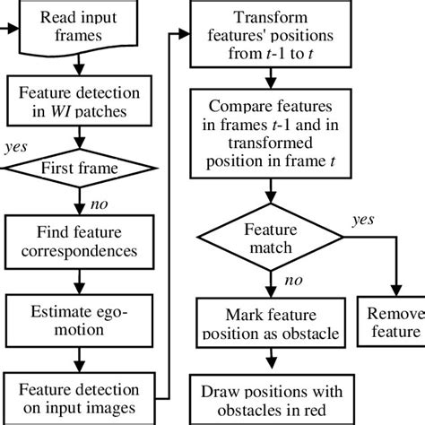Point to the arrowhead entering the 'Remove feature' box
(x=393, y=295)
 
